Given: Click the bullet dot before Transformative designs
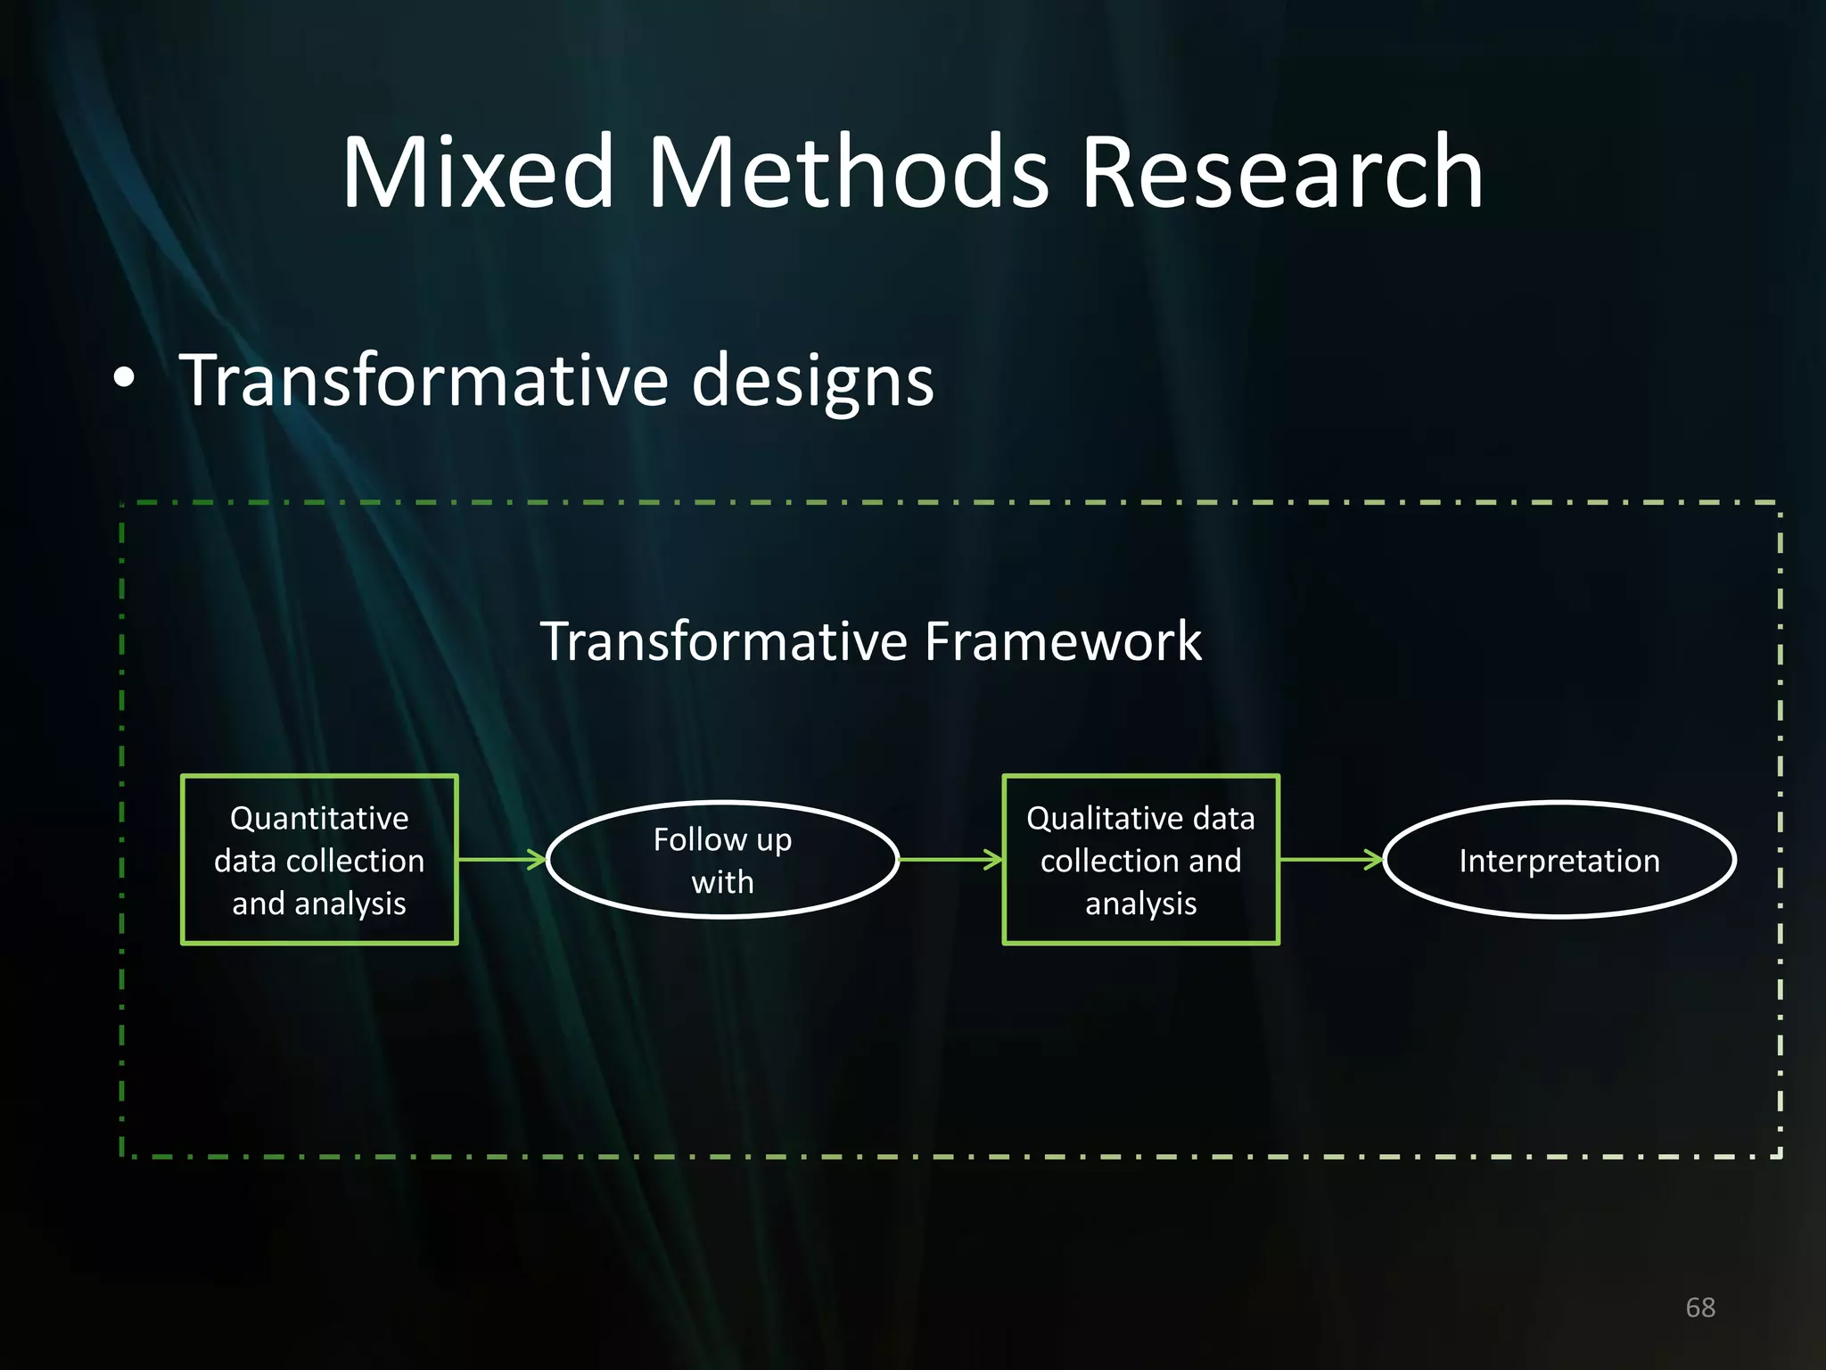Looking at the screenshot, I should coord(125,378).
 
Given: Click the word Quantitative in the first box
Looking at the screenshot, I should coord(319,818).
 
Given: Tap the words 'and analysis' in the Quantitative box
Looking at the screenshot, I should coord(319,904).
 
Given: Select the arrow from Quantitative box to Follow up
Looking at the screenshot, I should coord(501,860).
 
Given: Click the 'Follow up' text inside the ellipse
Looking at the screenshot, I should coord(722,839).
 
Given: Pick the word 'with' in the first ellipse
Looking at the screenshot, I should coord(722,882).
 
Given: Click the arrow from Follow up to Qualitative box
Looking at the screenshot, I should coord(950,860).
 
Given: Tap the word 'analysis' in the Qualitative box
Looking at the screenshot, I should coord(1140,904).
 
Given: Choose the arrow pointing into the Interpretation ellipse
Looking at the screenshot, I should coord(1330,860).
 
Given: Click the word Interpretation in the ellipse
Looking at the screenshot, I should coord(1559,861).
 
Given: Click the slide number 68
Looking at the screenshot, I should coord(1699,1308).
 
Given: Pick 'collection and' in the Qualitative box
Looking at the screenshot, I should coord(1140,861).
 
